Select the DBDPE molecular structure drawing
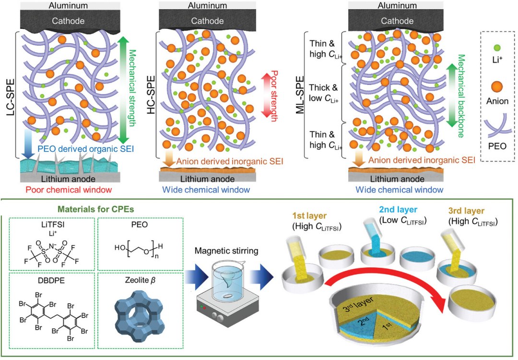53,313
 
